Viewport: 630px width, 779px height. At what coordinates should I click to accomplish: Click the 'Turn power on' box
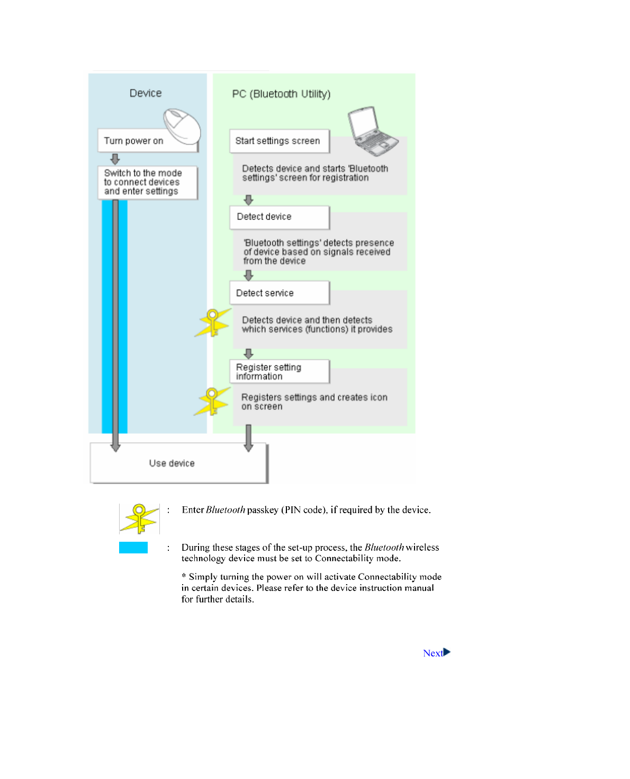point(133,141)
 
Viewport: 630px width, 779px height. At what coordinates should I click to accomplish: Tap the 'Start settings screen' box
point(278,141)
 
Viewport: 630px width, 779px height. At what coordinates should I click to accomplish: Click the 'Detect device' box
point(279,217)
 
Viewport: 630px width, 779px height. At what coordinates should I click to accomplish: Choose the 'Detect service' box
point(279,293)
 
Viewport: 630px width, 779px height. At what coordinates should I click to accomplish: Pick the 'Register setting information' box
point(279,371)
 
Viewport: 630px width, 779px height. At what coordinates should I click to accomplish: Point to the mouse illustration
point(182,126)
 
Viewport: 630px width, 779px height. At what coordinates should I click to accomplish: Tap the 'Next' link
point(433,653)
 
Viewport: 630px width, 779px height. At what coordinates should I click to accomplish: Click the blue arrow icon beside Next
point(447,652)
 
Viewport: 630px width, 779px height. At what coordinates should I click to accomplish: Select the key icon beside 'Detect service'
point(213,323)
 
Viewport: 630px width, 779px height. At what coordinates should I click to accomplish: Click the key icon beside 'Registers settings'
point(212,401)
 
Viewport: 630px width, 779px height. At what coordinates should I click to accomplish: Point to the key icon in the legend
point(139,518)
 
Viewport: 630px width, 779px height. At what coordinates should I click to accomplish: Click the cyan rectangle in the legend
point(133,548)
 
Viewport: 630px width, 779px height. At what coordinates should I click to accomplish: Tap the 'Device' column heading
point(146,93)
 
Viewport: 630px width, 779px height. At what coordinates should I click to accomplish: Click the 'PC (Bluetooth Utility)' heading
point(281,94)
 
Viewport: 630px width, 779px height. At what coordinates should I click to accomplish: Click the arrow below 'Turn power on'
point(115,159)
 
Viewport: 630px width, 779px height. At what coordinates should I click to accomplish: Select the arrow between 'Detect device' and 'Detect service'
point(248,275)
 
